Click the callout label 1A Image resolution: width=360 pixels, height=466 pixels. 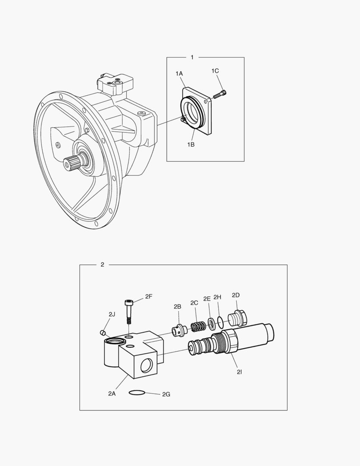click(179, 74)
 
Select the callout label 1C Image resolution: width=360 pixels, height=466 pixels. click(215, 70)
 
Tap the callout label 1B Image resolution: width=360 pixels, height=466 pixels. click(191, 145)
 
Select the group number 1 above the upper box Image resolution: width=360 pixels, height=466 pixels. click(192, 57)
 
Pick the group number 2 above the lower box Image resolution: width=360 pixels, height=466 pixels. click(102, 264)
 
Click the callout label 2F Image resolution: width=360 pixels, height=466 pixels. click(149, 296)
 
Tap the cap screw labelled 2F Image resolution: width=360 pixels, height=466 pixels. click(128, 312)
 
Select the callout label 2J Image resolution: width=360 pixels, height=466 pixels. click(112, 314)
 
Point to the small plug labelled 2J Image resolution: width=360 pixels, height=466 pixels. click(103, 332)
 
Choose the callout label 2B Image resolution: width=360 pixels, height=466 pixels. click(177, 306)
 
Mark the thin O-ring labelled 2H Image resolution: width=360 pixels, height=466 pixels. click(220, 321)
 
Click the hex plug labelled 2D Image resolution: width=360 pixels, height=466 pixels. click(236, 318)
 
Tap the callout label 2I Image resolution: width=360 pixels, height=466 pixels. click(238, 372)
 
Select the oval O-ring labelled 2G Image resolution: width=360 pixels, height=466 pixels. click(137, 392)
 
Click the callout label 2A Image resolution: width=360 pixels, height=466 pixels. click(112, 393)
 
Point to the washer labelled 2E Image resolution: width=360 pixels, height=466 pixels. click(212, 323)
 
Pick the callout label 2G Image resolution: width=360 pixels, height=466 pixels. click(166, 394)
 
